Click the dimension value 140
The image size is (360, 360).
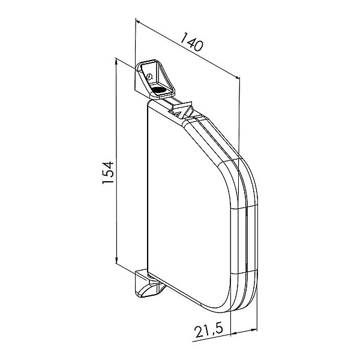(x=191, y=42)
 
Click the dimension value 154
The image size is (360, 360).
(x=108, y=172)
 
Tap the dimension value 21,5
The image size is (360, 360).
(x=208, y=331)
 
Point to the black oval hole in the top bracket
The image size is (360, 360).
(x=159, y=90)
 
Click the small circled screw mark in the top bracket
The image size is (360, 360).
(x=149, y=76)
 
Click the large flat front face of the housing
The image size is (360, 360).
(x=188, y=206)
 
